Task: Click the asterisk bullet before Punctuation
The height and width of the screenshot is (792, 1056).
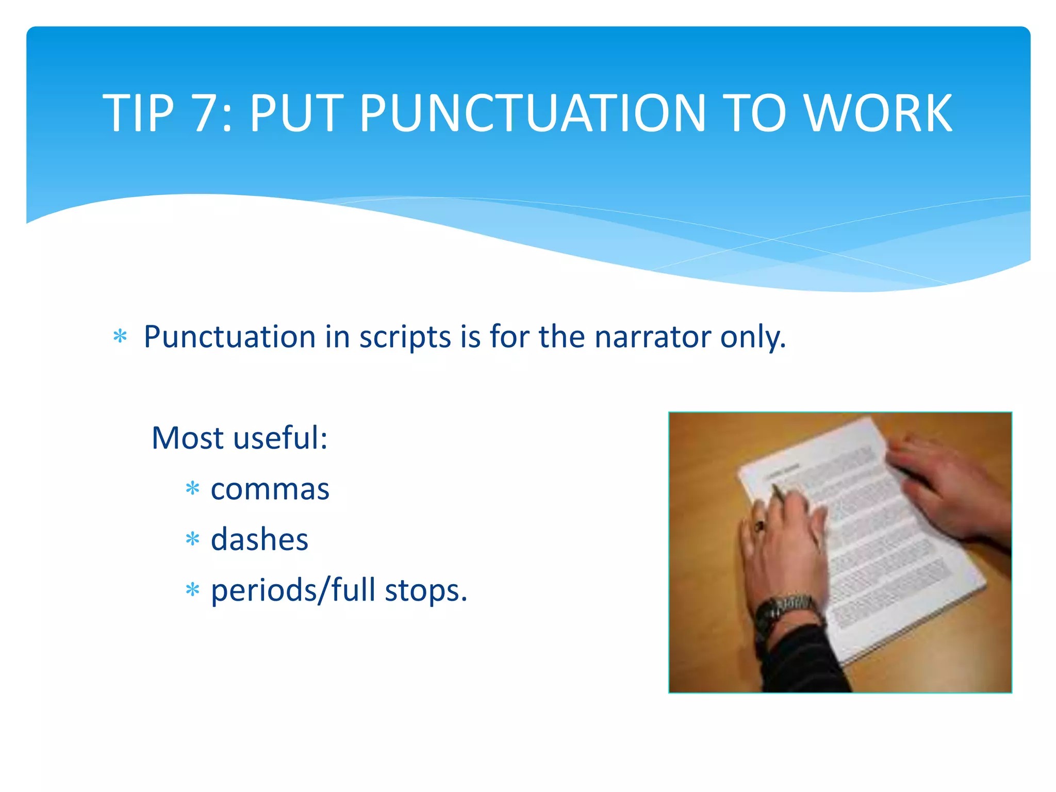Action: pos(120,337)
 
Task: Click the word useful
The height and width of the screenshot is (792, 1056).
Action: pos(279,438)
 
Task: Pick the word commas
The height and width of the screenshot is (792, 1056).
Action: pos(270,489)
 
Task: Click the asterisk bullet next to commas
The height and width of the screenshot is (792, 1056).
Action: pos(192,488)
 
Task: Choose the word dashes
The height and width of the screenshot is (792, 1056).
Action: pos(259,540)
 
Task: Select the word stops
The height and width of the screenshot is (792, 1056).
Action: pos(425,591)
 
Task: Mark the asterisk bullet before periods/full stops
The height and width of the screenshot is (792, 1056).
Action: pos(192,589)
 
